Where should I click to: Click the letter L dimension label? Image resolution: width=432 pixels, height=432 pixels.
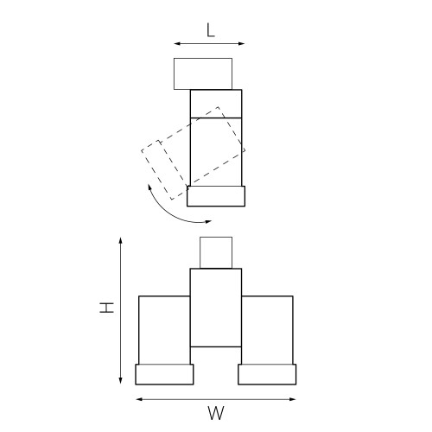[x=210, y=29]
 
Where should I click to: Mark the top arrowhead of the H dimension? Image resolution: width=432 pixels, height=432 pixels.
[x=120, y=239]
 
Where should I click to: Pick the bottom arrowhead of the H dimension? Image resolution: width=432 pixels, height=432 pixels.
[x=120, y=381]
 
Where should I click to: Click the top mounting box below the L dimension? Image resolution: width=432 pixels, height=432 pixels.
[x=202, y=73]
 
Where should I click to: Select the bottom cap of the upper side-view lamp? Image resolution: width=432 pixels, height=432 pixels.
[x=216, y=196]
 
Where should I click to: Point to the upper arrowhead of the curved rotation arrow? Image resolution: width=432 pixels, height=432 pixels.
[x=149, y=186]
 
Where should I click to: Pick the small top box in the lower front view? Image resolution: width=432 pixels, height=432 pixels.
[x=216, y=251]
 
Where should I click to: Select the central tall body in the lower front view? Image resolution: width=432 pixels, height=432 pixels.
[x=216, y=307]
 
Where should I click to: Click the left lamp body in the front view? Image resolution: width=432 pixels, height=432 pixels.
[x=164, y=330]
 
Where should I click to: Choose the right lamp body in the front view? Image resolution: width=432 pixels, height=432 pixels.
[x=268, y=330]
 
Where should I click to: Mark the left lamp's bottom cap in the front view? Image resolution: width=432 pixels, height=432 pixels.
[x=164, y=374]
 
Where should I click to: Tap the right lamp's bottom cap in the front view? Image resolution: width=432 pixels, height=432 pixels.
[x=268, y=374]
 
